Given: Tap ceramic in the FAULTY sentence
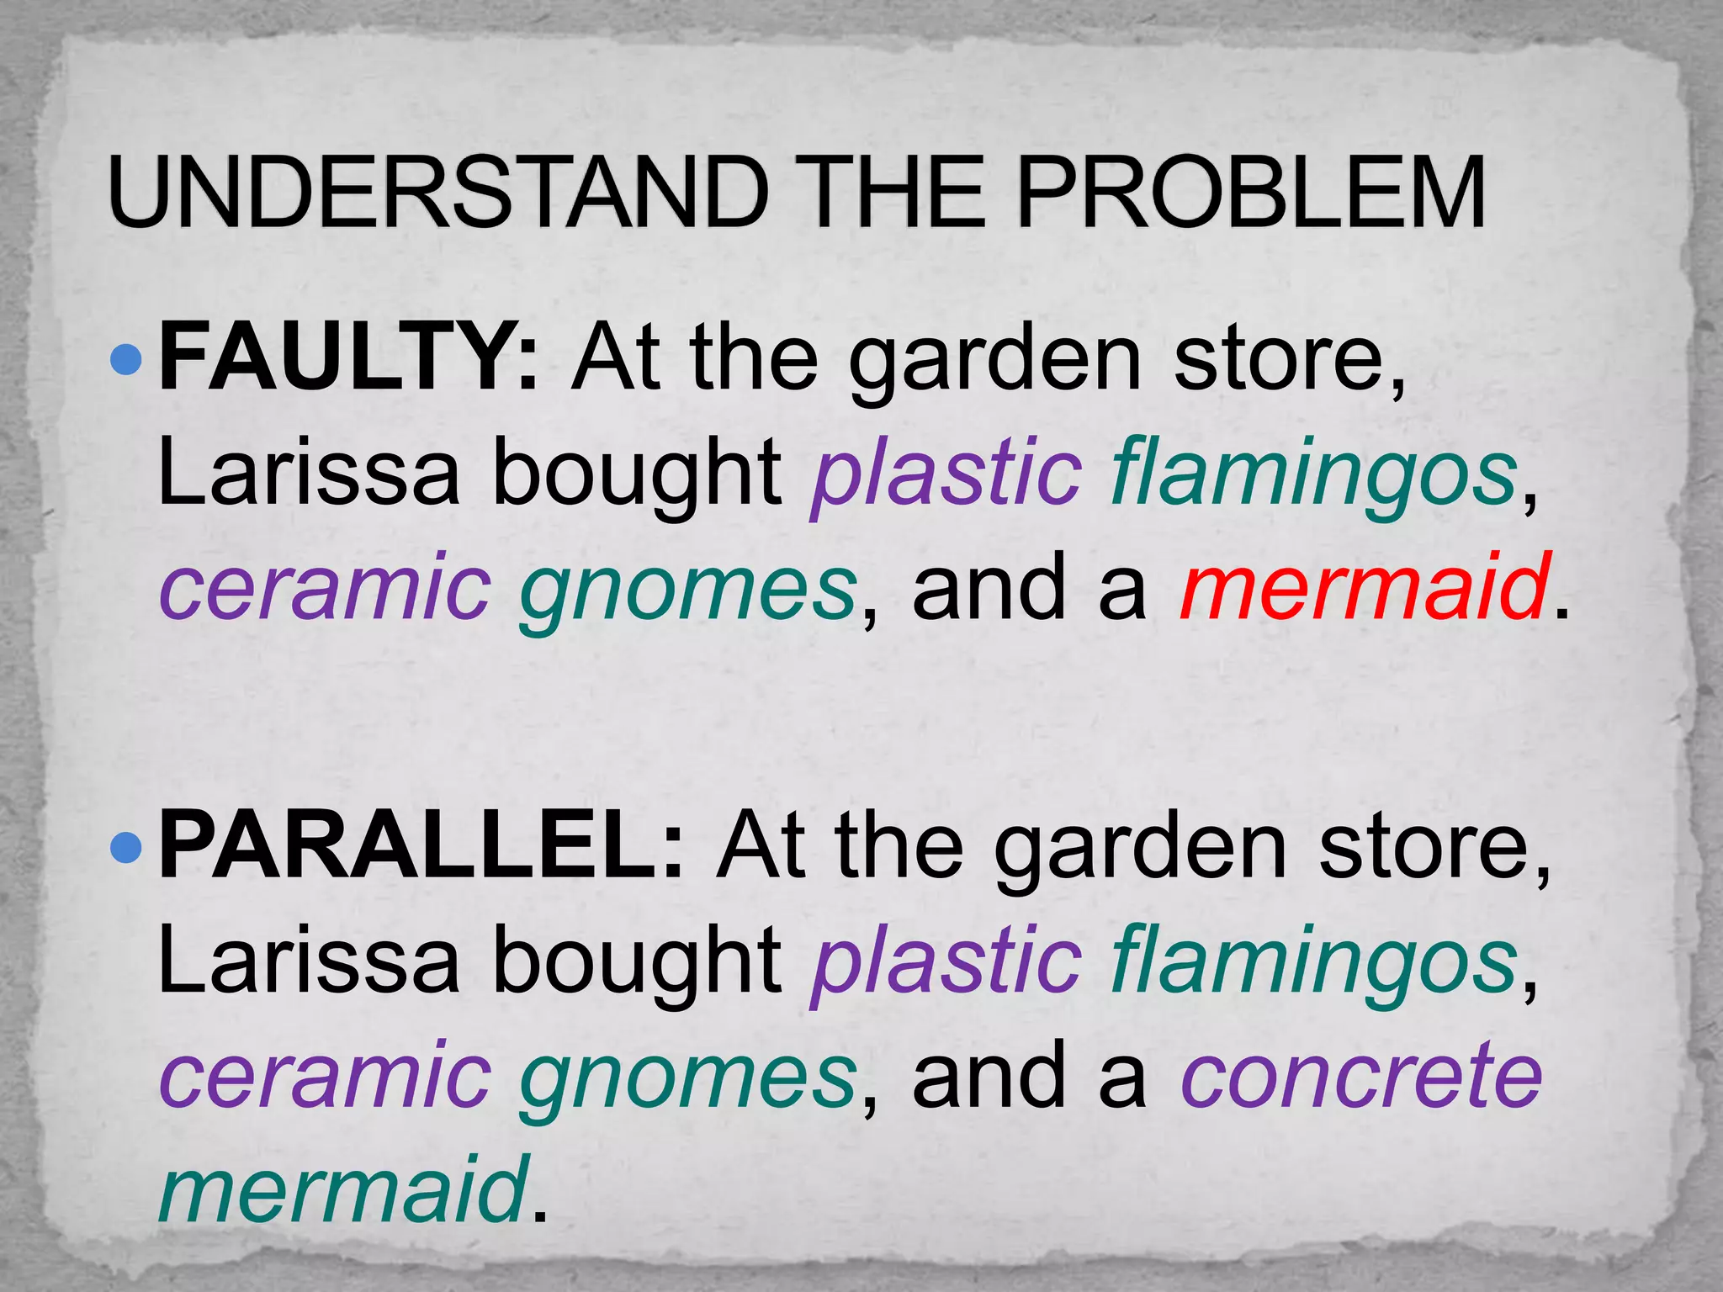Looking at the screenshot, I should tap(325, 587).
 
